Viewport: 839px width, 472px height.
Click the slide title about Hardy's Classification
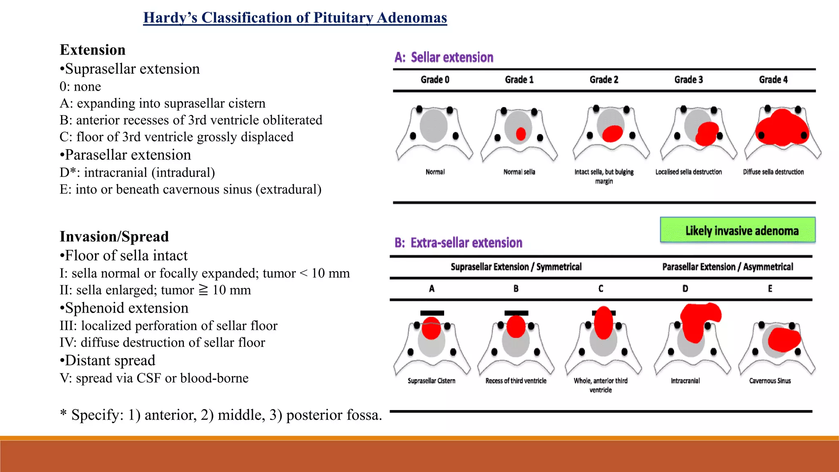[x=295, y=18]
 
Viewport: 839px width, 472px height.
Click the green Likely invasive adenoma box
[x=737, y=230]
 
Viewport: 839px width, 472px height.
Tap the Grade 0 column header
[x=435, y=79]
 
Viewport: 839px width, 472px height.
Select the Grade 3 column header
[x=689, y=79]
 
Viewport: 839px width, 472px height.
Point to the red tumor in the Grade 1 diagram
[x=521, y=134]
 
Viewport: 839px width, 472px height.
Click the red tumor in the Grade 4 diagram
[x=782, y=128]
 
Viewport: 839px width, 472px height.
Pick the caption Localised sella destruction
[x=688, y=172]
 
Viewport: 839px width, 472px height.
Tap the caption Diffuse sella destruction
[x=773, y=172]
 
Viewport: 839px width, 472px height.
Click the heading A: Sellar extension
[x=444, y=57]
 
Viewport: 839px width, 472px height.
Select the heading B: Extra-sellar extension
[x=458, y=243]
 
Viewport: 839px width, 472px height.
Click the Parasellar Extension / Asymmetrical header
[x=728, y=267]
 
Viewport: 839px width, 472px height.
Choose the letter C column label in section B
[x=601, y=289]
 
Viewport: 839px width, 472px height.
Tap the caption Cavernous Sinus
[x=770, y=381]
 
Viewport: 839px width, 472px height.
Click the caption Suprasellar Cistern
[x=431, y=381]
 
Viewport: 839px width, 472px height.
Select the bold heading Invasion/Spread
[x=114, y=236]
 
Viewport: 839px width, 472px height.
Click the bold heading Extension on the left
[x=93, y=50]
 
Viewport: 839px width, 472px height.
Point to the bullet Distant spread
[x=108, y=360]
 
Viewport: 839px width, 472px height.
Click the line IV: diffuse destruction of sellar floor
[x=162, y=342]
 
